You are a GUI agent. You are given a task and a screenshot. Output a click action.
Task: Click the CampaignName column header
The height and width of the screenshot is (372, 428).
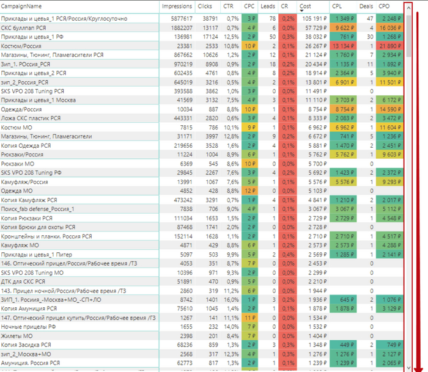click(21, 6)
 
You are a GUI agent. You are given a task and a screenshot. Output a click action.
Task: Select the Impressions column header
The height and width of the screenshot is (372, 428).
click(177, 6)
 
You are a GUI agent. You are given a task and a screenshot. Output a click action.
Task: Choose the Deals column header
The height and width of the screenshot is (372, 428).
click(366, 6)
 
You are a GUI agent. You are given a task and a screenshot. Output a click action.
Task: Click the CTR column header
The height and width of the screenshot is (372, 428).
click(228, 6)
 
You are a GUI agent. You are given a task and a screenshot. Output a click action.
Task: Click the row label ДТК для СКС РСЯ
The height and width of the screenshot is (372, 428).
click(24, 282)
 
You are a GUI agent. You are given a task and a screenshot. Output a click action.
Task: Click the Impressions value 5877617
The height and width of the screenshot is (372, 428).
click(180, 19)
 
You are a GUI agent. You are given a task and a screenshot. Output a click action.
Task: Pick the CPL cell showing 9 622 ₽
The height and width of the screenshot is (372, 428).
click(343, 27)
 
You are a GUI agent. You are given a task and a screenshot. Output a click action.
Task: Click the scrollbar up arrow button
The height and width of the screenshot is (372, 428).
click(408, 7)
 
